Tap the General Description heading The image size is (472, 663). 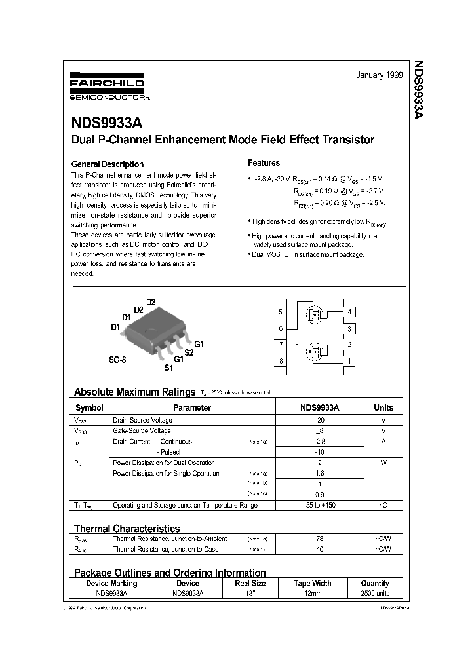tap(107, 164)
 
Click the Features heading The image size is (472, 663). tap(264, 163)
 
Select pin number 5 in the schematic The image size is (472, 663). tap(281, 312)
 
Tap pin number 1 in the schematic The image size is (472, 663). tap(350, 361)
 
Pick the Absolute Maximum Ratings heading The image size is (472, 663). tap(134, 392)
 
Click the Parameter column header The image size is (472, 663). tap(192, 407)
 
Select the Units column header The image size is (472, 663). tap(383, 407)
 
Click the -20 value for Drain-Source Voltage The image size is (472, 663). tap(320, 420)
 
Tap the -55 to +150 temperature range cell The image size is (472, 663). tap(320, 505)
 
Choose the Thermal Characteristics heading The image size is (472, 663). tap(127, 528)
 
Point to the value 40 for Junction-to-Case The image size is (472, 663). tap(320, 550)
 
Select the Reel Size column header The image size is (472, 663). tap(250, 583)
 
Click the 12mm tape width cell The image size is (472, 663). tap(312, 593)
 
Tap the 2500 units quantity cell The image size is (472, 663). tap(375, 593)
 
